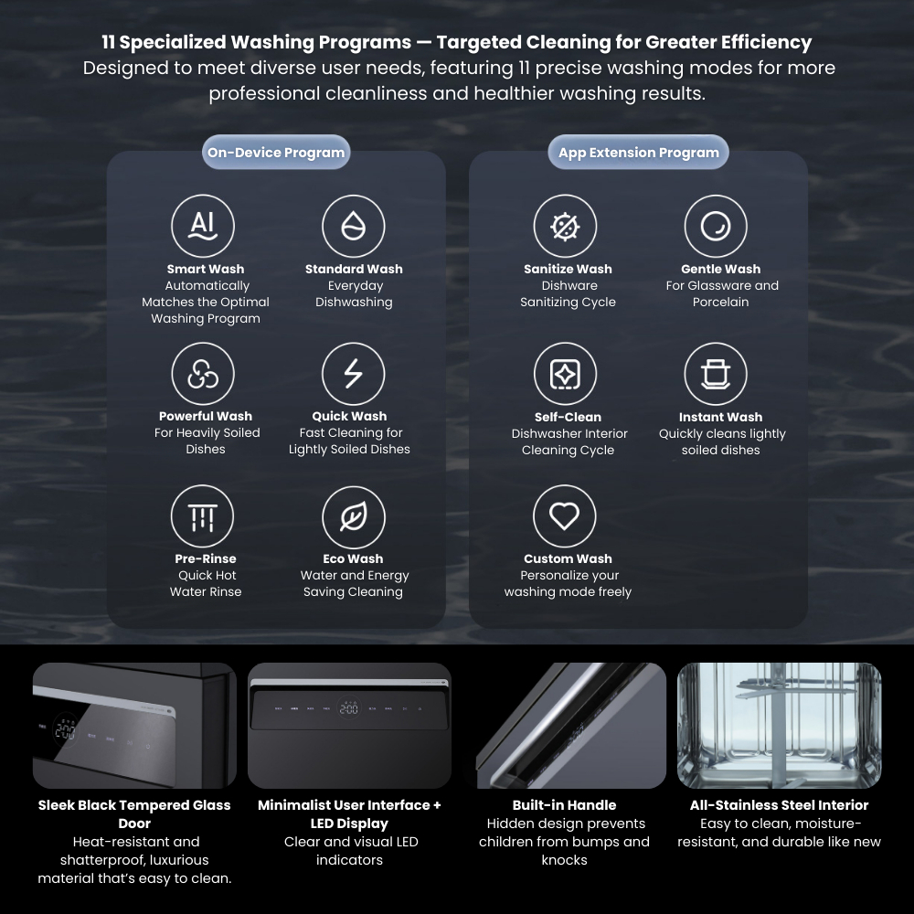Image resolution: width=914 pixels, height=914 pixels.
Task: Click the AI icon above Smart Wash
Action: pos(203,226)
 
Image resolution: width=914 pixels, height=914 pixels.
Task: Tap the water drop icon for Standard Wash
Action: pos(353,226)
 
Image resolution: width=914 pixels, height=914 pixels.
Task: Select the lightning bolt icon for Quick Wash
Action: pos(353,373)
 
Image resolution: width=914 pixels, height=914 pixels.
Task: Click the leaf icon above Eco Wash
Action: pos(353,516)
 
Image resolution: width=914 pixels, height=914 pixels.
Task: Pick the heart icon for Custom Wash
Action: pos(564,515)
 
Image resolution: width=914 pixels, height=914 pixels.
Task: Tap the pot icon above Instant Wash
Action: pos(716,373)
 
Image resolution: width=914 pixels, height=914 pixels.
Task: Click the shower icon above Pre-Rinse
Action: pos(202,515)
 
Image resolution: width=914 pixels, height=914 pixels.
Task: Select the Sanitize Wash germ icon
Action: pos(565,226)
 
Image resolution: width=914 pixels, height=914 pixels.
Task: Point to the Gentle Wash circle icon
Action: pos(716,226)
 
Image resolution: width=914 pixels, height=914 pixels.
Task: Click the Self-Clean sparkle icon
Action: pos(565,373)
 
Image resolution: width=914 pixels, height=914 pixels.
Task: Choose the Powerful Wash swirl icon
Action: pos(203,373)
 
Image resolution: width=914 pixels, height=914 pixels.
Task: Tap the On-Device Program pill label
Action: pos(276,152)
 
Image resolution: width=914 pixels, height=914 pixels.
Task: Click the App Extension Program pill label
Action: pos(638,152)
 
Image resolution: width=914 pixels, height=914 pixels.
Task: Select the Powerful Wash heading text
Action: pos(206,416)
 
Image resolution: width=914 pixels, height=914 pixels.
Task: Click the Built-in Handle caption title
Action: pos(564,805)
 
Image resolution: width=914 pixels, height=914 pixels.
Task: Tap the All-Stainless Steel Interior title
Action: pos(779,805)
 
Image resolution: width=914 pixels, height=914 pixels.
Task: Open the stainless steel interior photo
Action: pos(779,725)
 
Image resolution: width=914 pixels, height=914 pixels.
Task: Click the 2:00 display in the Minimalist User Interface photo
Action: pos(348,708)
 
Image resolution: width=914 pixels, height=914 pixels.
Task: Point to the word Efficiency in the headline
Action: pos(766,43)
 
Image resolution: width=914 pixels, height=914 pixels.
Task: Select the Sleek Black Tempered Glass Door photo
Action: pos(134,725)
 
